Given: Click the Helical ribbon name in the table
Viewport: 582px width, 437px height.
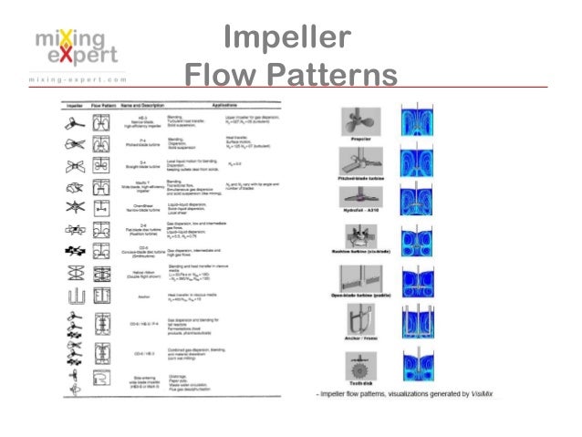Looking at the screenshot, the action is pyautogui.click(x=140, y=272).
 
